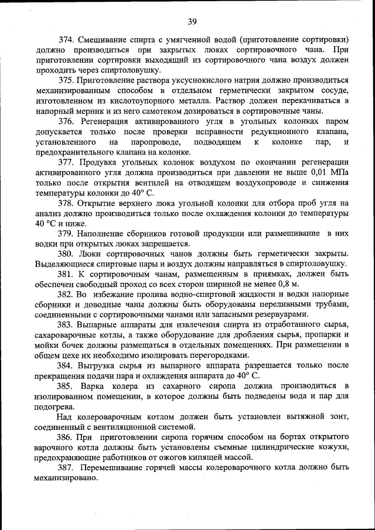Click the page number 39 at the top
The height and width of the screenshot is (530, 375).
pyautogui.click(x=192, y=22)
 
